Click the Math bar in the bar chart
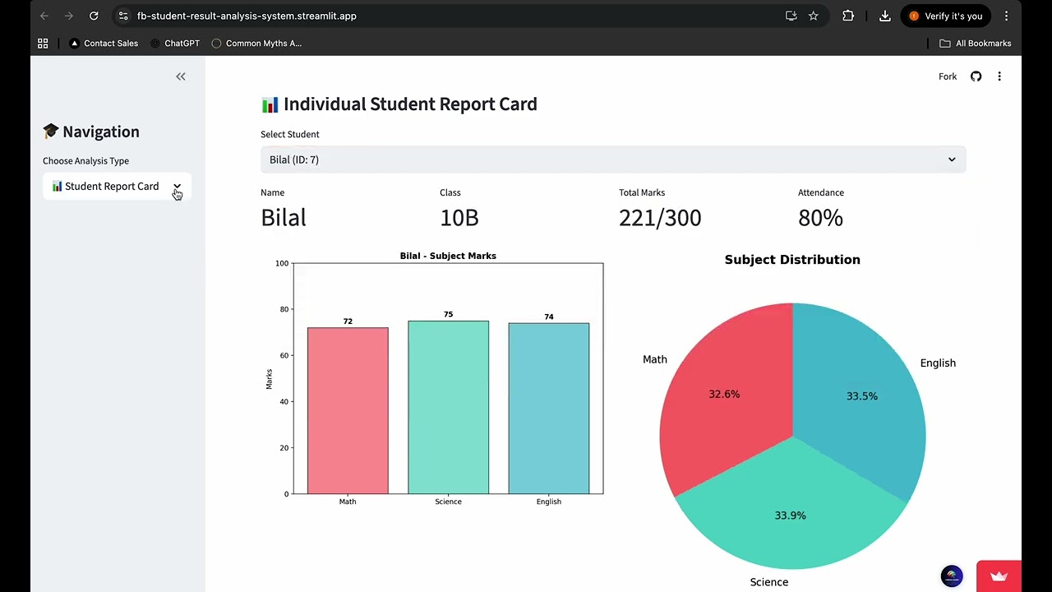(348, 411)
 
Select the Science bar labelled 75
(448, 407)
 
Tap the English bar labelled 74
(548, 409)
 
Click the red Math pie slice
(723, 395)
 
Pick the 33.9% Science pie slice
(790, 510)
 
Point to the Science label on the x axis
(448, 502)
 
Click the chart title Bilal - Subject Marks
(448, 256)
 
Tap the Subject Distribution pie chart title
(792, 260)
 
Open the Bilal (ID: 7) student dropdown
(612, 160)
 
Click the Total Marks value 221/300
(660, 218)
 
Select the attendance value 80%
(820, 218)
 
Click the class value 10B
(459, 218)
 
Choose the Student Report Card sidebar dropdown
(117, 187)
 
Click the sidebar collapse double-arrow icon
(181, 76)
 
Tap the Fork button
(948, 76)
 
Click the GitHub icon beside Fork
(976, 76)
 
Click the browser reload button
(94, 16)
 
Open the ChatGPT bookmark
(176, 44)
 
